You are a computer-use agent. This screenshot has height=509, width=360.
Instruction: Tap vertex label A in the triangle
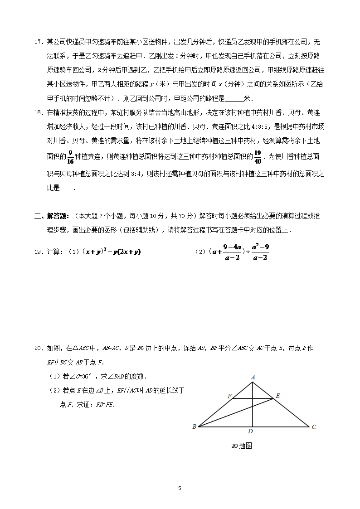[x=253, y=377]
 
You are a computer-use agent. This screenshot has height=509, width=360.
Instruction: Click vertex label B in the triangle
[x=194, y=427]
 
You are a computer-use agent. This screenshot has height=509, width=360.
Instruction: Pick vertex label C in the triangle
[x=314, y=427]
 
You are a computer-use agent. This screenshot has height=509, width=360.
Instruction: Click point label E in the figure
[x=277, y=396]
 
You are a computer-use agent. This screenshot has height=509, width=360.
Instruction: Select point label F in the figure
[x=229, y=396]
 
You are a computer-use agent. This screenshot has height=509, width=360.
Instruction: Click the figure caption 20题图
[x=241, y=446]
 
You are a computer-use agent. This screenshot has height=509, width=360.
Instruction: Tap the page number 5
[x=180, y=488]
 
